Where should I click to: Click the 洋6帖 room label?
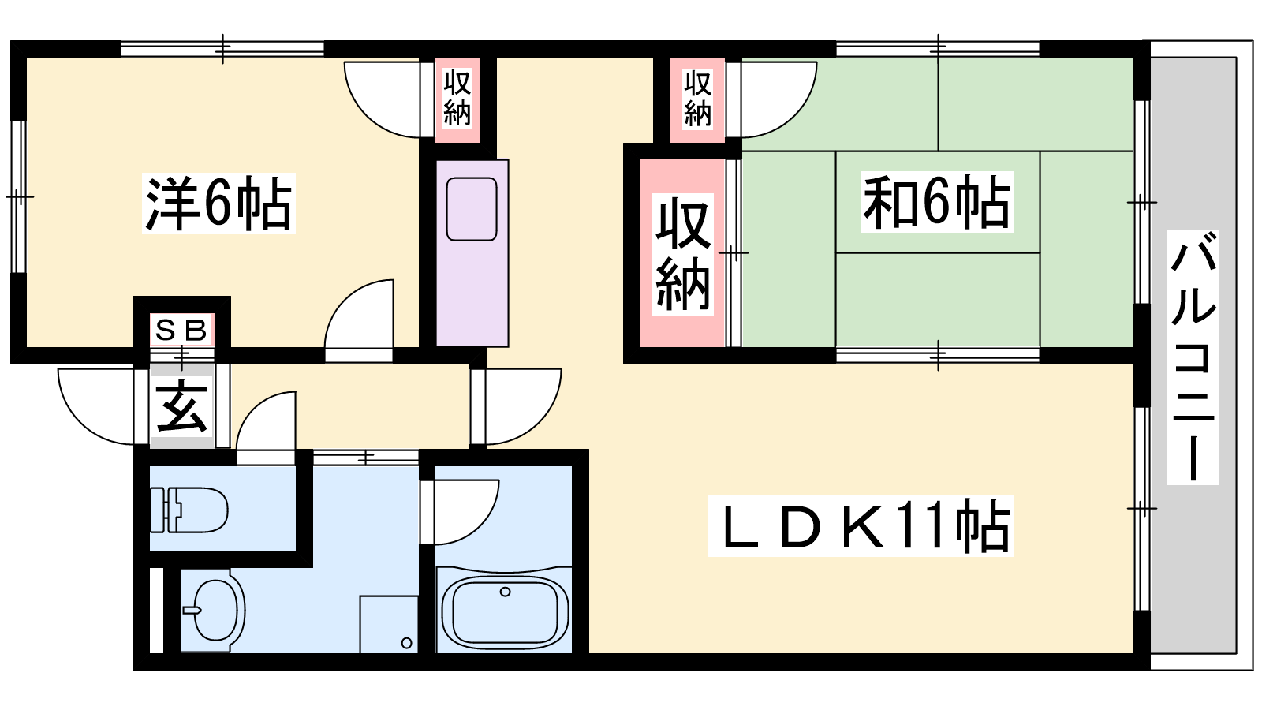tap(219, 204)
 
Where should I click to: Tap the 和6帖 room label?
tap(936, 202)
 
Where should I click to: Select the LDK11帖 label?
tap(861, 526)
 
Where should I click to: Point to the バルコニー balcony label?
tap(1193, 357)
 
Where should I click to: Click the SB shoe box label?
tap(181, 330)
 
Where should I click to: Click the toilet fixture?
tap(189, 510)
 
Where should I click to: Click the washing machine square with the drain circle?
tap(389, 624)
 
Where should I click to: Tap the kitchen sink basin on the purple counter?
tap(472, 209)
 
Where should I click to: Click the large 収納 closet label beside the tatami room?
tap(682, 254)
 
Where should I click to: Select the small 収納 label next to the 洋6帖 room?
tap(457, 98)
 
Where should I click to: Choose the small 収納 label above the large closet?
tap(697, 98)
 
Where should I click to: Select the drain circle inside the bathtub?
tap(506, 592)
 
